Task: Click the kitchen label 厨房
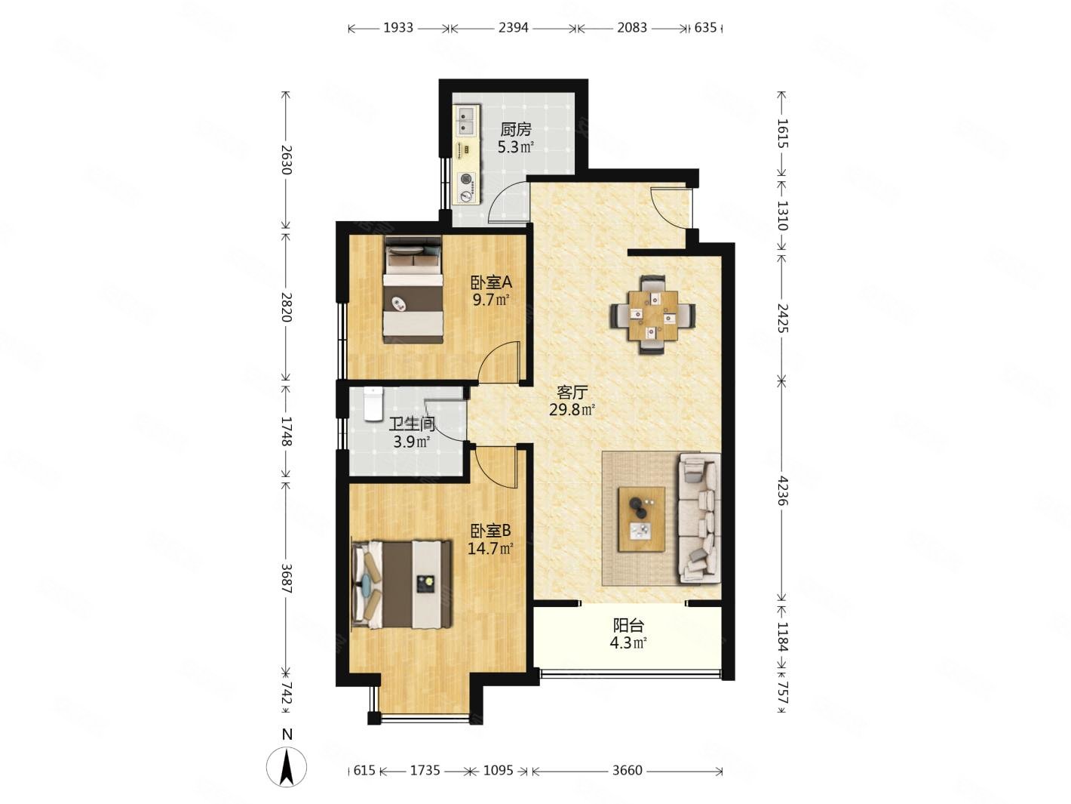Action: click(x=515, y=129)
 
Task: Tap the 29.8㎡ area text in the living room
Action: click(x=572, y=410)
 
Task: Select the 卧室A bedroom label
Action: click(x=490, y=282)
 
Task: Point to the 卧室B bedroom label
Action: click(x=490, y=530)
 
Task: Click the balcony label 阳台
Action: click(x=628, y=625)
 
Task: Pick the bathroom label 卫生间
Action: click(x=412, y=425)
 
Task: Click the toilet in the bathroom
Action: click(x=373, y=404)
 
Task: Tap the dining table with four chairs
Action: click(x=653, y=315)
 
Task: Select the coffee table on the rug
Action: click(x=641, y=519)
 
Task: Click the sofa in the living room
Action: click(x=699, y=518)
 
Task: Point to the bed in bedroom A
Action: click(x=413, y=289)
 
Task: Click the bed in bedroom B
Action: click(x=401, y=584)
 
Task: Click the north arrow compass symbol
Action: click(x=287, y=766)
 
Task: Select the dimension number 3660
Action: click(x=628, y=770)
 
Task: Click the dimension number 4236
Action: click(x=782, y=490)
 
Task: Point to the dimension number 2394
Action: click(x=514, y=28)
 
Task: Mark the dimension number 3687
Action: click(x=287, y=578)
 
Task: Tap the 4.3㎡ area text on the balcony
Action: click(x=628, y=642)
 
